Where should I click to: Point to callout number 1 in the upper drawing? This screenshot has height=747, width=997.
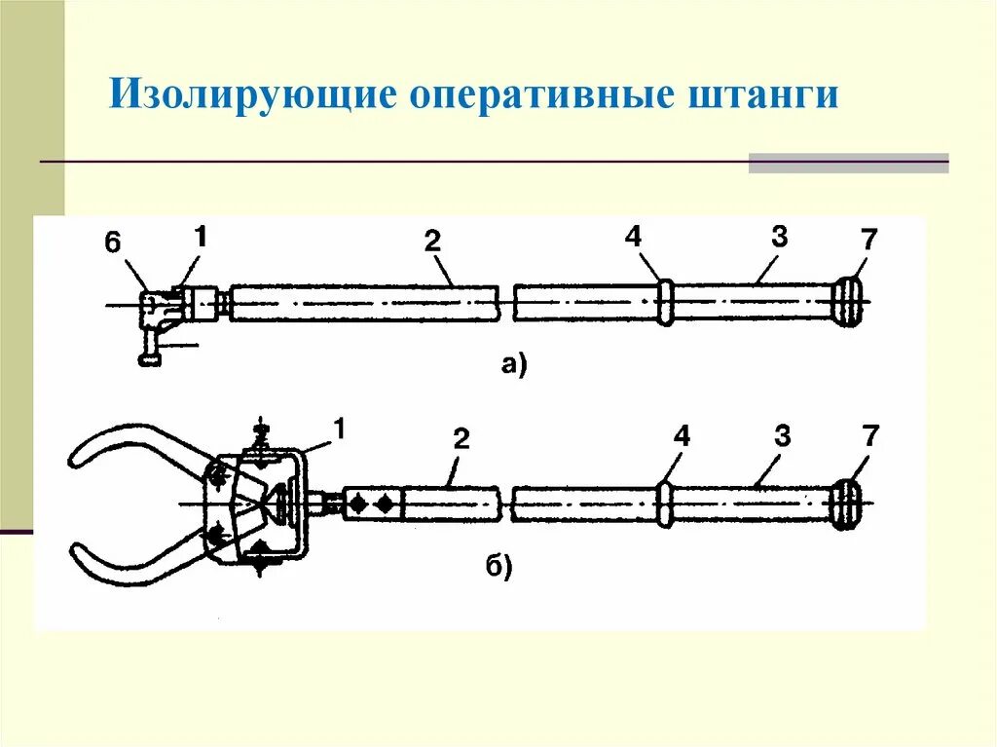point(200,236)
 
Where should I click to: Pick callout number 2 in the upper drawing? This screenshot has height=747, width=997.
point(432,243)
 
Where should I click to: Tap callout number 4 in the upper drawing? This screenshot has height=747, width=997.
point(634,237)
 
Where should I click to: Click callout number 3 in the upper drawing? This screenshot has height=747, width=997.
point(778,237)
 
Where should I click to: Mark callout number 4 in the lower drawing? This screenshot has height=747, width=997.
point(681,437)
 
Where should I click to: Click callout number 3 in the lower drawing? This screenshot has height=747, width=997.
point(782,436)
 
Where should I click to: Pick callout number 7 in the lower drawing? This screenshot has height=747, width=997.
point(868,436)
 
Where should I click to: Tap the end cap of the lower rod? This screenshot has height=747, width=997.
point(845,504)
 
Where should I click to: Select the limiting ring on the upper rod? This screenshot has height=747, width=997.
point(664,302)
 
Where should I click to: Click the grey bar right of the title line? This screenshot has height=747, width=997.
point(848,163)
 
